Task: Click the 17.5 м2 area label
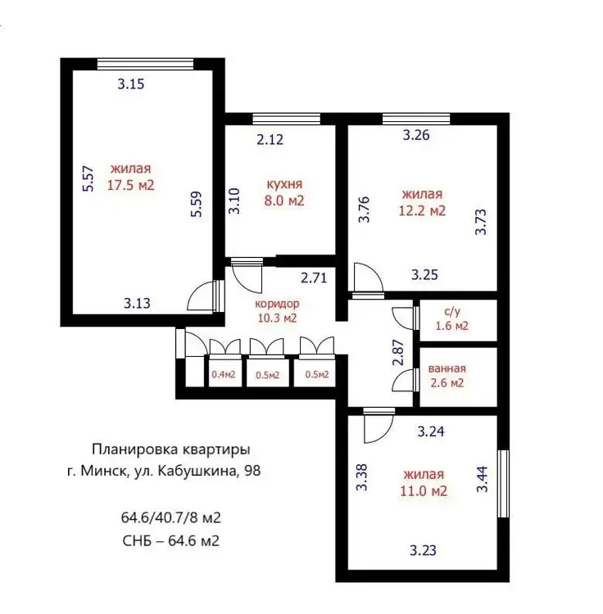click(131, 185)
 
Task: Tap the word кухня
click(284, 184)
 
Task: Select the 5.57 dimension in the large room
click(88, 178)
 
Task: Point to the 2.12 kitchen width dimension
click(270, 139)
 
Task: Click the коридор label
click(277, 304)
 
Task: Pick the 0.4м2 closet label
click(224, 374)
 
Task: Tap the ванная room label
click(447, 368)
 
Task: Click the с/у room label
click(452, 311)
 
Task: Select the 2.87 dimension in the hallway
click(398, 352)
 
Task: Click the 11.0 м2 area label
click(424, 490)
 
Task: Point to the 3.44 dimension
click(483, 479)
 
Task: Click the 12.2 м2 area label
click(423, 210)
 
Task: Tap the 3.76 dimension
click(365, 209)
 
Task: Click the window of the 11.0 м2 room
click(503, 484)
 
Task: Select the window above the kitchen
click(287, 119)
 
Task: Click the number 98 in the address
click(252, 470)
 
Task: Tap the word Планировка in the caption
click(135, 449)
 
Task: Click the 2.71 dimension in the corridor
click(314, 278)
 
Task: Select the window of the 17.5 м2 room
click(145, 64)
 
